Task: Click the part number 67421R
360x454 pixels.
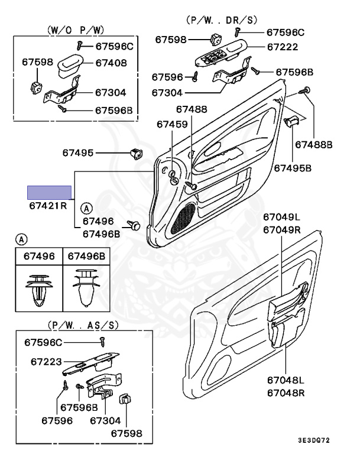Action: pyautogui.click(x=48, y=206)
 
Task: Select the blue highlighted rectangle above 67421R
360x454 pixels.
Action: pyautogui.click(x=50, y=192)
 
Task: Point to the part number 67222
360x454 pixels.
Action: pyautogui.click(x=282, y=47)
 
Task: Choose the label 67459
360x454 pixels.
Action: pyautogui.click(x=172, y=124)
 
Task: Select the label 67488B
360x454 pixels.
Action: pyautogui.click(x=314, y=144)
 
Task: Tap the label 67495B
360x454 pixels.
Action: pyautogui.click(x=292, y=168)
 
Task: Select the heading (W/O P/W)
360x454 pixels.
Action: pyautogui.click(x=67, y=29)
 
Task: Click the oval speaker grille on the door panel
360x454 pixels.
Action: pyautogui.click(x=183, y=217)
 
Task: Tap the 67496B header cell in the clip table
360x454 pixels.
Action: pyautogui.click(x=86, y=256)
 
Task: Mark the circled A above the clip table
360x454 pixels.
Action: pyautogui.click(x=21, y=239)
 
